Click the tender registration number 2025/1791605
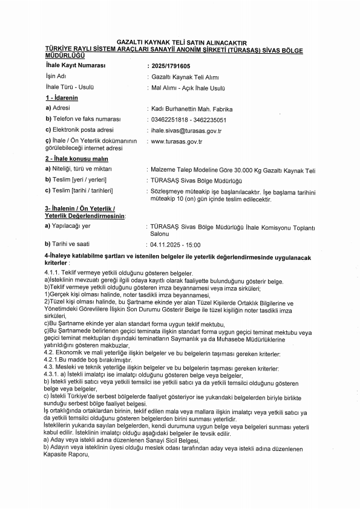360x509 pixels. click(x=170, y=65)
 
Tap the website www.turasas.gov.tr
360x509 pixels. click(x=176, y=141)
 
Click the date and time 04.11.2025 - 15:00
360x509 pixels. click(x=175, y=245)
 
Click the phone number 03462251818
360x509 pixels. click(x=168, y=120)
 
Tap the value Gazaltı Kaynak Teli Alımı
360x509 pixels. click(x=180, y=77)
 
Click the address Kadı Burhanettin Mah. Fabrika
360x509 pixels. click(x=192, y=109)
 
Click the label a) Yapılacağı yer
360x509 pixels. click(x=68, y=226)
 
